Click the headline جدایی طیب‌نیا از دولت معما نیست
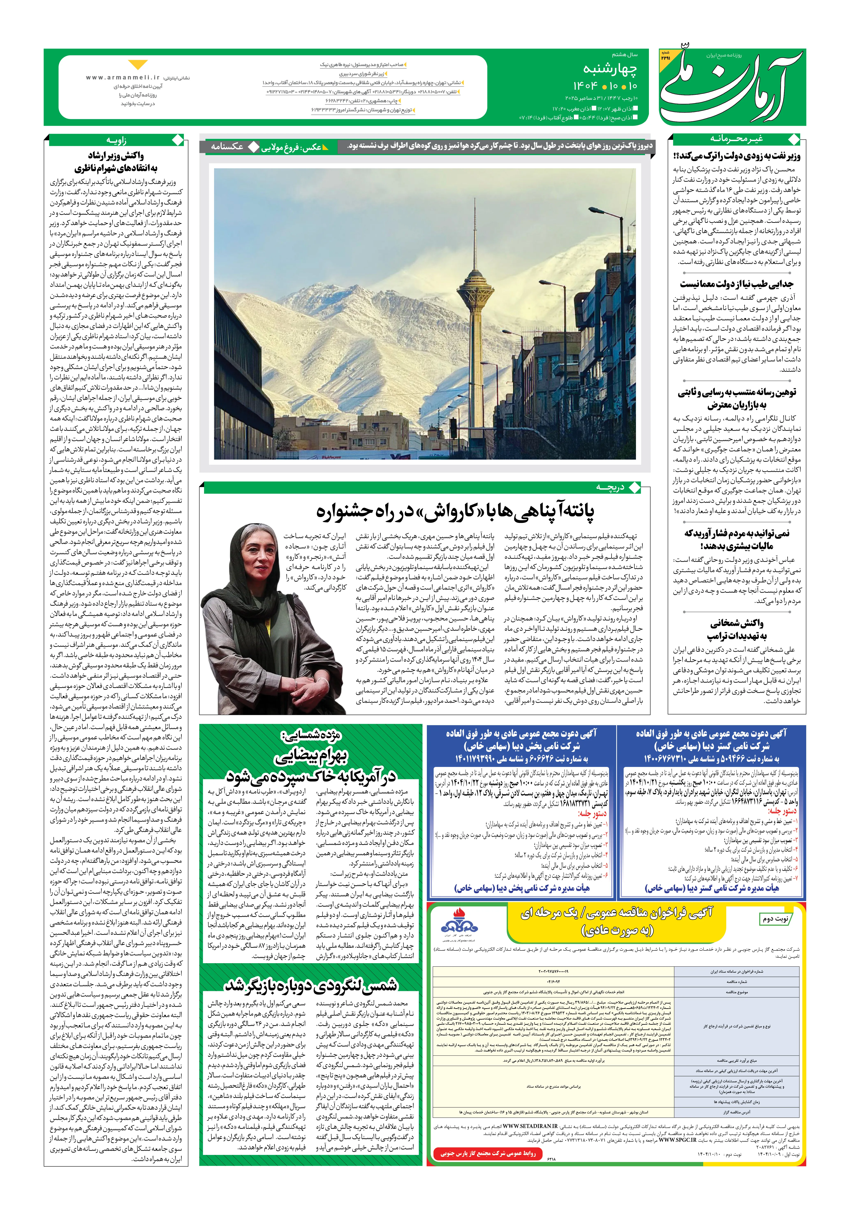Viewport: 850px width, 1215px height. (737, 284)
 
